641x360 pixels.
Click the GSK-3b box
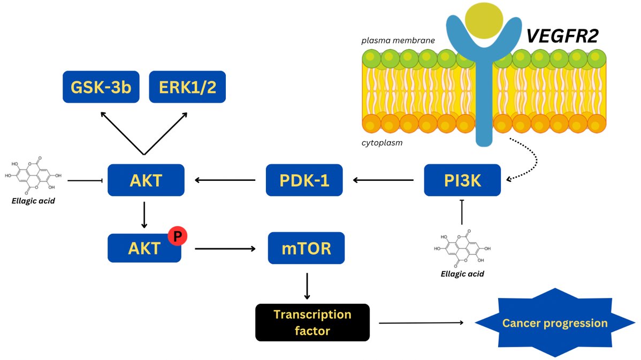[101, 87]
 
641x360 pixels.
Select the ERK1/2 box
[187, 87]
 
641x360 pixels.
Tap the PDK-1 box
[304, 180]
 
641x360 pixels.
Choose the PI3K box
[462, 180]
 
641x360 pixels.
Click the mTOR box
[306, 248]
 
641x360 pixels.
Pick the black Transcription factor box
[312, 323]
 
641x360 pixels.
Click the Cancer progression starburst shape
[555, 323]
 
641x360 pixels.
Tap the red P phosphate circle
[177, 235]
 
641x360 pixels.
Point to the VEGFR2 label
[562, 36]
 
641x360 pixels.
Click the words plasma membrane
[398, 41]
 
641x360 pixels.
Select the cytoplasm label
[382, 143]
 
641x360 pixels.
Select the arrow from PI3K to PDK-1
[383, 180]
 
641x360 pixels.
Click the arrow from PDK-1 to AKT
[225, 180]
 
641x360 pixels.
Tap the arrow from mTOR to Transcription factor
[307, 286]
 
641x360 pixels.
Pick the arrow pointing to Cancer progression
[421, 323]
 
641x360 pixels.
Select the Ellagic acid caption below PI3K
[462, 274]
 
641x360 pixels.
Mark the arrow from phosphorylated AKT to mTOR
[225, 248]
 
